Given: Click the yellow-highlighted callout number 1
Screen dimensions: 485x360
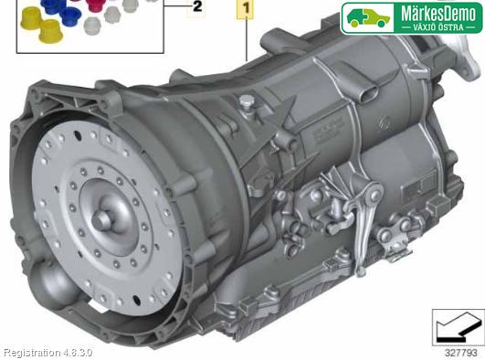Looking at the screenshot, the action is pyautogui.click(x=246, y=8).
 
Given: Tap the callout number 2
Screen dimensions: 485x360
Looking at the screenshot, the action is pyautogui.click(x=197, y=6).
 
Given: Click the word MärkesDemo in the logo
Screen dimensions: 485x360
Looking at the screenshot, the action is pyautogui.click(x=438, y=14).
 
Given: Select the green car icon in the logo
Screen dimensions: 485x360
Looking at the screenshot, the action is pyautogui.click(x=368, y=18).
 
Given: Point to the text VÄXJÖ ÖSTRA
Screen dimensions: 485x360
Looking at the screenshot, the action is pyautogui.click(x=438, y=27).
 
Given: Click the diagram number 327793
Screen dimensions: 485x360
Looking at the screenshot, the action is pyautogui.click(x=460, y=353).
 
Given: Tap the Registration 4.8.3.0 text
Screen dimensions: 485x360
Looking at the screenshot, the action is pyautogui.click(x=48, y=353).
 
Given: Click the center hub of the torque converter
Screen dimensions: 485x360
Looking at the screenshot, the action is pyautogui.click(x=101, y=219).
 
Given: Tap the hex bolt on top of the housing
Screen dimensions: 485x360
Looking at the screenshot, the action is pyautogui.click(x=247, y=103).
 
